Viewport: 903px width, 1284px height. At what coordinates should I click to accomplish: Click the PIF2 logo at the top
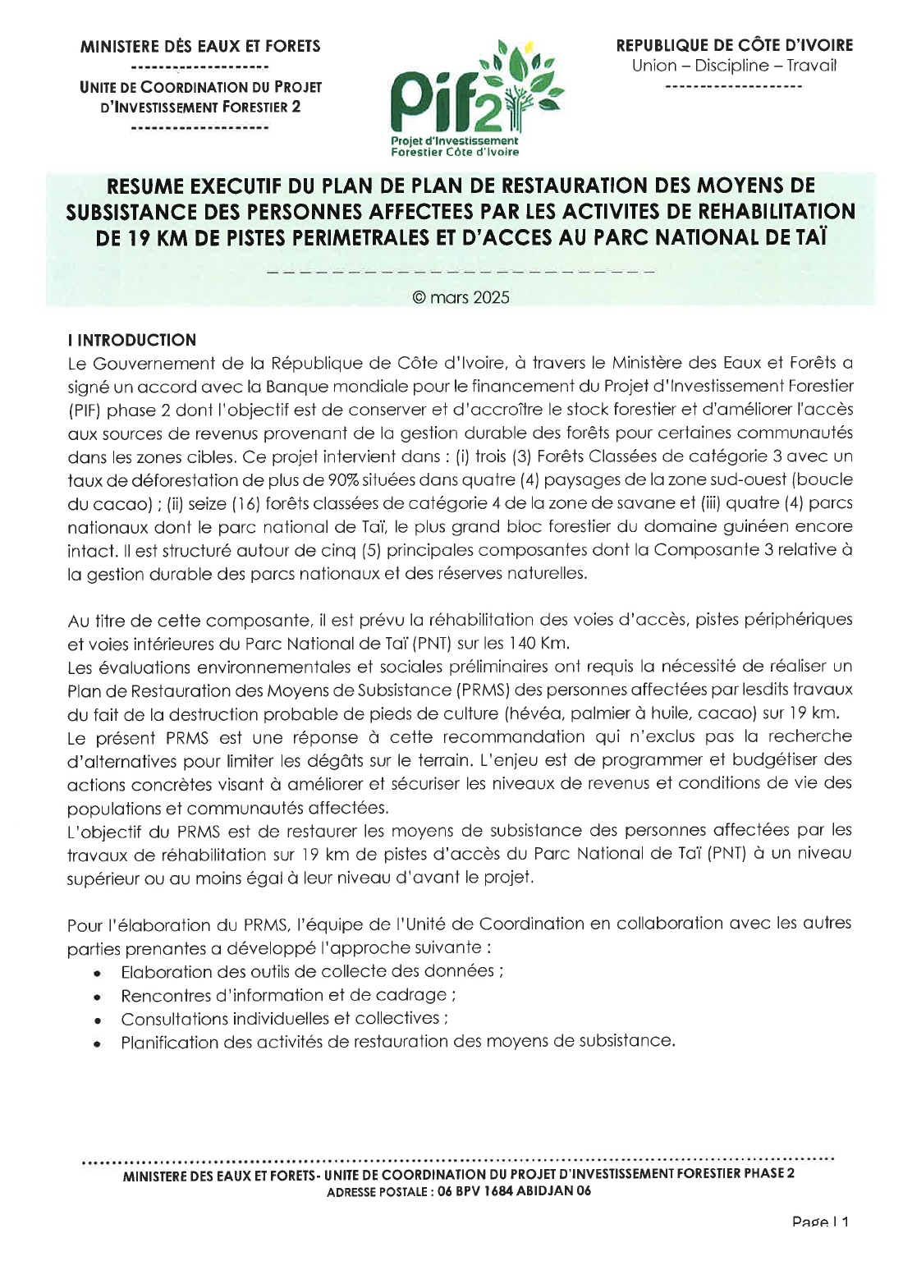pos(477,98)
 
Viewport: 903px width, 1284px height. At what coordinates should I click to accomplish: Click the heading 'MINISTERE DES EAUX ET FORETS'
pos(200,47)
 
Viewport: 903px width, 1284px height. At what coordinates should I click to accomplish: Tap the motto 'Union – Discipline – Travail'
pos(734,66)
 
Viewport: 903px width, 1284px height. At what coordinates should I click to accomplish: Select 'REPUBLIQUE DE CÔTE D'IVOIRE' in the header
pos(734,45)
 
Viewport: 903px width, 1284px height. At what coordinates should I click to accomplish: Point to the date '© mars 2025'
pos(461,297)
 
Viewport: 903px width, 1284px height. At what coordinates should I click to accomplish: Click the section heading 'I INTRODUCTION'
pos(132,340)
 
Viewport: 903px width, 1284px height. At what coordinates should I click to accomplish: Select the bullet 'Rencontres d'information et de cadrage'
pos(287,995)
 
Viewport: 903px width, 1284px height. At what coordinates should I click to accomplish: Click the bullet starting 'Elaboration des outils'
pos(311,971)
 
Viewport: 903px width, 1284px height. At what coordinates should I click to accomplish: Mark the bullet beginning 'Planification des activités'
pos(397,1042)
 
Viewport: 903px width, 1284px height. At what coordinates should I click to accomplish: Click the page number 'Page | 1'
pos(820,1222)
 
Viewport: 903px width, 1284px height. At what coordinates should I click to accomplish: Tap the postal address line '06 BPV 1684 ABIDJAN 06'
pos(514,1191)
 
